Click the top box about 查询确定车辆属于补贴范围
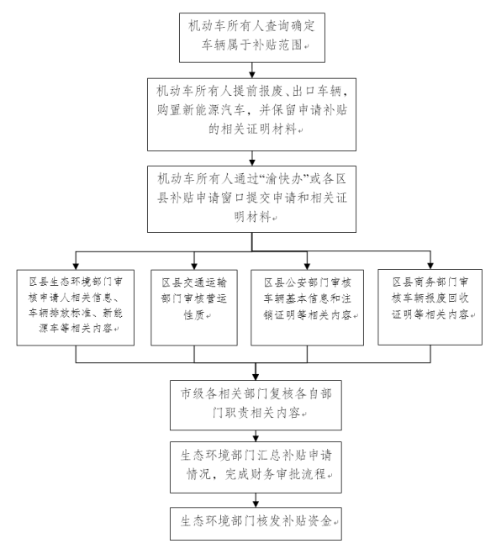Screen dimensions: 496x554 tap(252, 38)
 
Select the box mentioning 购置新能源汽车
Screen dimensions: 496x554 tap(251, 114)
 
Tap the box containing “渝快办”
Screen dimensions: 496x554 tap(251, 199)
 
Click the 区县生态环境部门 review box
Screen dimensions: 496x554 tap(76, 308)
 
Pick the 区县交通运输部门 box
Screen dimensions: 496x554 tap(194, 308)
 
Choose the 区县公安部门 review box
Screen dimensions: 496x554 tap(307, 308)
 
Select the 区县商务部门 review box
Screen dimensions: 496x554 tap(430, 307)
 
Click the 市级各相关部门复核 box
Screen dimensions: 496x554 tap(256, 405)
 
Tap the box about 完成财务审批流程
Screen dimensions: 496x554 tap(256, 467)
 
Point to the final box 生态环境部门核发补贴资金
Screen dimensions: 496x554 tap(256, 524)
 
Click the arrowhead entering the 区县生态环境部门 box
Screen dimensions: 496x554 tap(76, 266)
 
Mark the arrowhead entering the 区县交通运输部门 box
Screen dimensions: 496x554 tap(194, 266)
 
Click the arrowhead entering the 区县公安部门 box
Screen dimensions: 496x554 tap(307, 266)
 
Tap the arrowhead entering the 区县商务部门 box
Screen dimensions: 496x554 tap(430, 266)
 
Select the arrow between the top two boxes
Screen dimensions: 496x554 tap(252, 71)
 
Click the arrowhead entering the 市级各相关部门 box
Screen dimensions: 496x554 tap(256, 377)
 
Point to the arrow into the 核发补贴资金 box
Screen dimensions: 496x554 tap(256, 500)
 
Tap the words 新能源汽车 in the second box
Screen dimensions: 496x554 tap(214, 110)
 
